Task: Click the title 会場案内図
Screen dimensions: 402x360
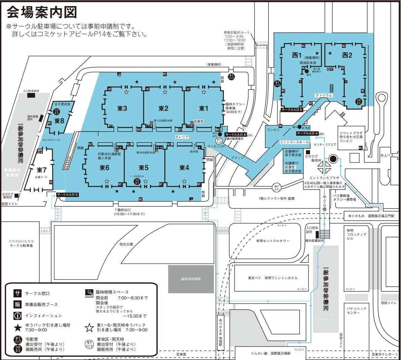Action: tap(42, 12)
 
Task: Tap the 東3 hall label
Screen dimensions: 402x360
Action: tap(122, 108)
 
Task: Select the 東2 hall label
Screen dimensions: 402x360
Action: tap(163, 108)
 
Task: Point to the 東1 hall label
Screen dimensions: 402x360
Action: tap(204, 108)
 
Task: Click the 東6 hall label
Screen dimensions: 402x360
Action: tap(104, 168)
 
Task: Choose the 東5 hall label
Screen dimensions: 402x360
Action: tap(144, 168)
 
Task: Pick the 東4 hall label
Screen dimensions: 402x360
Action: tap(184, 168)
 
